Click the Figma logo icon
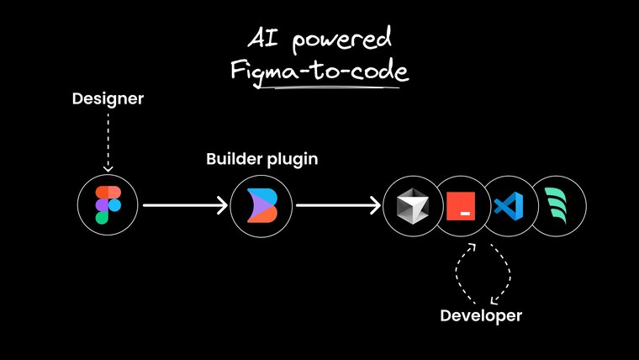pos(102,204)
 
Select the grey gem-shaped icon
pos(411,205)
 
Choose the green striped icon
pos(558,205)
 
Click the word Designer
pos(108,99)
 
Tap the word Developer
pos(481,316)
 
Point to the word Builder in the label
pos(232,158)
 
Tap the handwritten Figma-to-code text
pos(319,70)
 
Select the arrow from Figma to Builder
pos(185,205)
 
